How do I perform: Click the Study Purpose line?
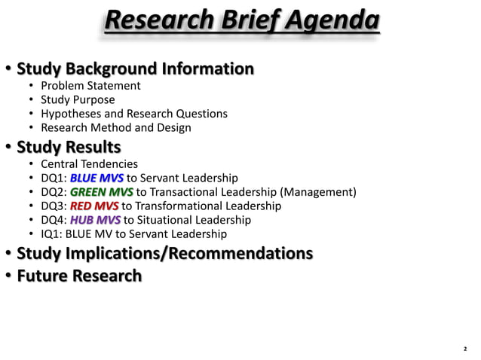(x=78, y=100)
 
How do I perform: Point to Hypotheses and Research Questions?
(x=133, y=114)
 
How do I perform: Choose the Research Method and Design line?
(x=115, y=127)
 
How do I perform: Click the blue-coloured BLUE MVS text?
(x=97, y=178)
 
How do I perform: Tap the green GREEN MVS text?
(x=101, y=192)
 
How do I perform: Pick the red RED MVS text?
(x=94, y=206)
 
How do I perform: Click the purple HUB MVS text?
(x=95, y=220)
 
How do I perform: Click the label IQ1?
(x=52, y=233)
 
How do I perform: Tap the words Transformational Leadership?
(x=209, y=206)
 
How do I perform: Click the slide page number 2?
(x=465, y=349)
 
